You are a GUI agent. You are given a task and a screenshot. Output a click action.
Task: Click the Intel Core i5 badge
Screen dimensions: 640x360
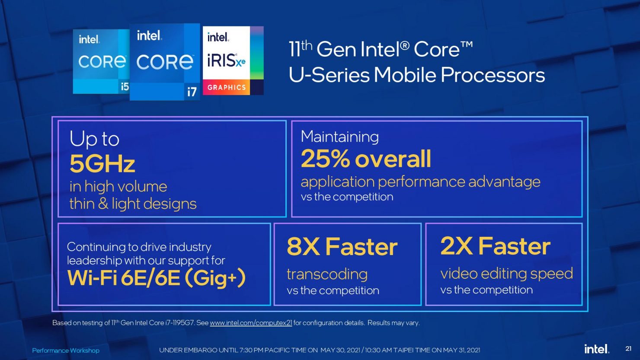[x=101, y=61]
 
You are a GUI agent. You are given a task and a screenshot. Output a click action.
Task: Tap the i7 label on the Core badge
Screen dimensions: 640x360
[x=192, y=92]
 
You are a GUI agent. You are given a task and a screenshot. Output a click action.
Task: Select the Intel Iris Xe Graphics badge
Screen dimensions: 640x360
[x=233, y=61]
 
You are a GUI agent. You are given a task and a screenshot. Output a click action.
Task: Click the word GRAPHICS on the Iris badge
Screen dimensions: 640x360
[x=227, y=87]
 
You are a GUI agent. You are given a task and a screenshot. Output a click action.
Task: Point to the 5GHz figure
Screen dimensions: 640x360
[x=102, y=164]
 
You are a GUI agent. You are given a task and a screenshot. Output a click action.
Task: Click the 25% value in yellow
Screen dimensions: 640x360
[x=325, y=159]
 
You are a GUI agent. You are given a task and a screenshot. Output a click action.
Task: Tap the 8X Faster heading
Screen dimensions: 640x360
[x=342, y=247]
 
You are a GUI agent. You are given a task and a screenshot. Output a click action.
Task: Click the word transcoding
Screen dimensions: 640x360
[x=327, y=274]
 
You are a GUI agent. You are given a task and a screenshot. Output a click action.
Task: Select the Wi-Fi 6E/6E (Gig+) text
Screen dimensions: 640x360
[x=156, y=278]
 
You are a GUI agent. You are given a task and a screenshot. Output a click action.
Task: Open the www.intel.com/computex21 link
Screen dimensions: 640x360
[x=251, y=323]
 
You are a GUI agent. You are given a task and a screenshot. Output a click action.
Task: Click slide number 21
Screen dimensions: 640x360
[x=628, y=349]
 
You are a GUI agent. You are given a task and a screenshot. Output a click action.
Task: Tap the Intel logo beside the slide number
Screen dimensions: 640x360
[x=597, y=349]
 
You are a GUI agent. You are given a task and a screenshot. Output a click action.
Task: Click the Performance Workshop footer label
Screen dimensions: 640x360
[x=66, y=350]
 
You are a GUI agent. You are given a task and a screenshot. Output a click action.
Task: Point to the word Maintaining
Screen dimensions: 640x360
[x=340, y=137]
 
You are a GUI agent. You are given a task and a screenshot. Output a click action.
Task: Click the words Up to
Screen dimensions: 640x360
[x=94, y=139]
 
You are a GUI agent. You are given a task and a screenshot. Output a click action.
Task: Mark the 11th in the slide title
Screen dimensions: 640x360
[x=301, y=49]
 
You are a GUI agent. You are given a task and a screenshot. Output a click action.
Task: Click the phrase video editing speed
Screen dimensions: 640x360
[x=506, y=274]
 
